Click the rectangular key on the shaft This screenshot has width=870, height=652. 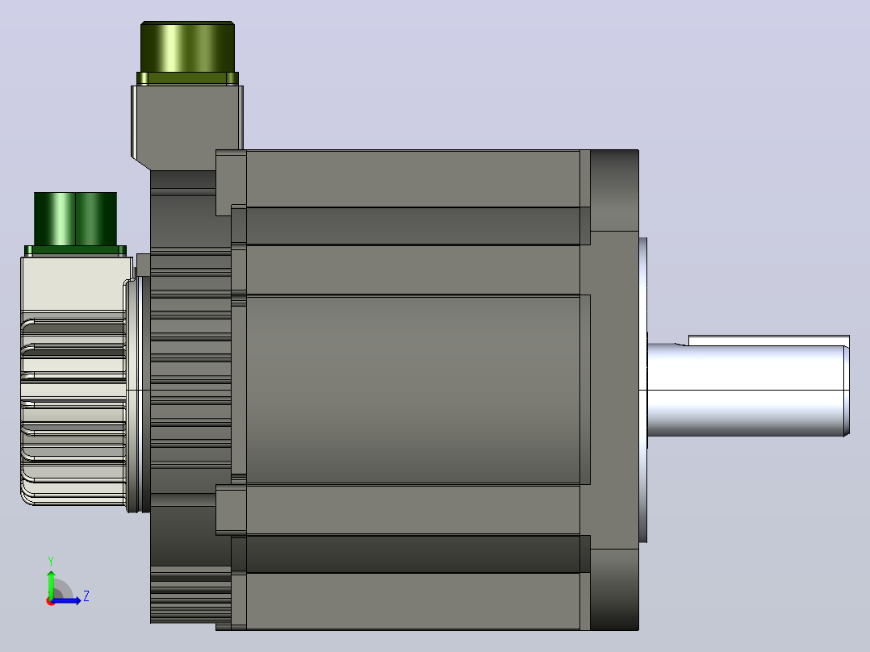coord(769,341)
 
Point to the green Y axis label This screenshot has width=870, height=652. coord(51,561)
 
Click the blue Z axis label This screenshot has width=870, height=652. coord(86,596)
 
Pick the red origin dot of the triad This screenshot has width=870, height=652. coord(51,601)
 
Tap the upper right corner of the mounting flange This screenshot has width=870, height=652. coord(638,150)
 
